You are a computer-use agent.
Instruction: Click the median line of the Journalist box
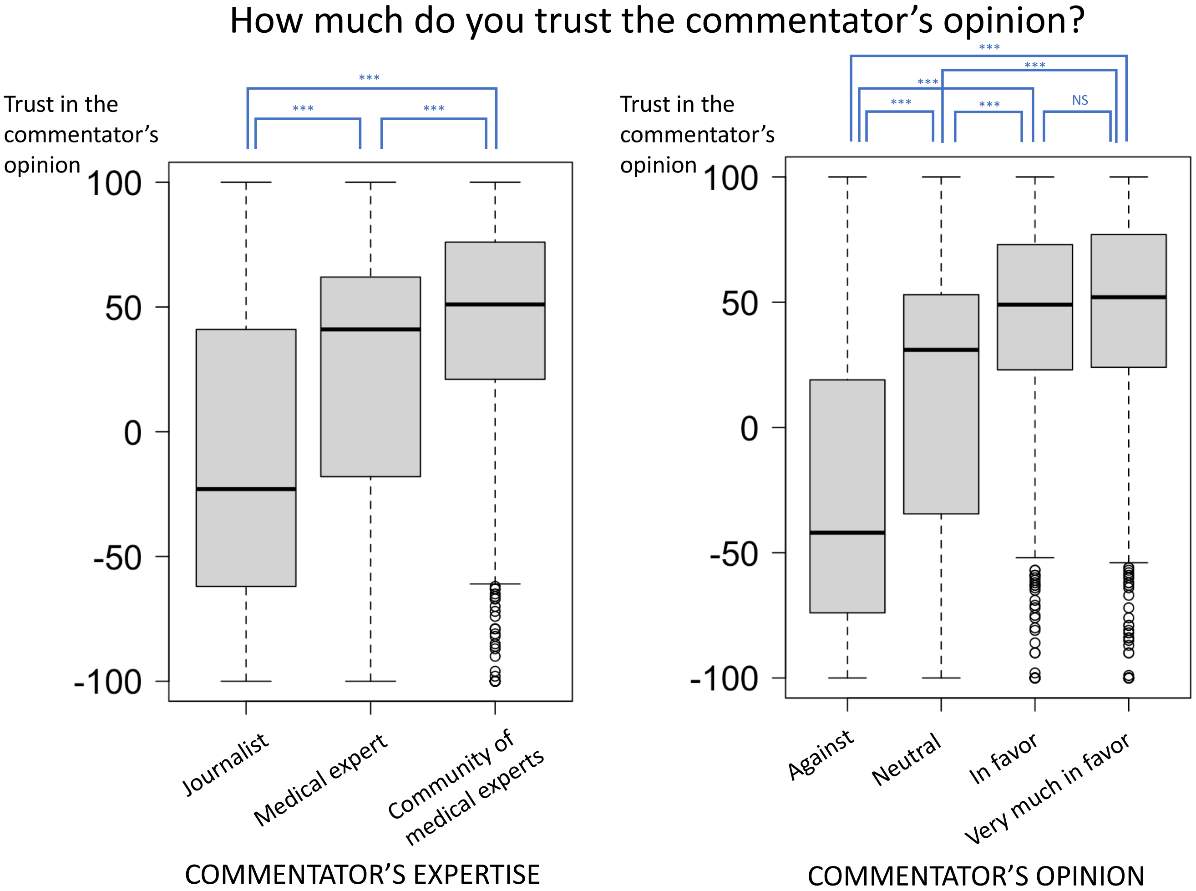pos(246,489)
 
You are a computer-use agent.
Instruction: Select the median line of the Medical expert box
pos(370,329)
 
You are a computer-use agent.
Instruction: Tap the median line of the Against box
pos(847,532)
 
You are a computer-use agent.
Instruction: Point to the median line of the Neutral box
pos(941,349)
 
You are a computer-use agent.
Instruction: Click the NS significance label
pos(1080,100)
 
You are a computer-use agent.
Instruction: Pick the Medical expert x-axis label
pos(320,780)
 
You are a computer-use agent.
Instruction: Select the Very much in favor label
pos(1047,789)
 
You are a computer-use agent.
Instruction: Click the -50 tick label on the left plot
pos(117,558)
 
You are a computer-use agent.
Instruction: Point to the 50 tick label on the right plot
pos(739,304)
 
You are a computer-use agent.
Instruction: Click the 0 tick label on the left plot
pos(133,433)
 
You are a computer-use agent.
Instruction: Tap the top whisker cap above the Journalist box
pos(246,182)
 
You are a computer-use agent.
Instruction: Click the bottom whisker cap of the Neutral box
pos(941,678)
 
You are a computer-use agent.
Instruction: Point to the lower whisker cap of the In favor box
pos(1035,558)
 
